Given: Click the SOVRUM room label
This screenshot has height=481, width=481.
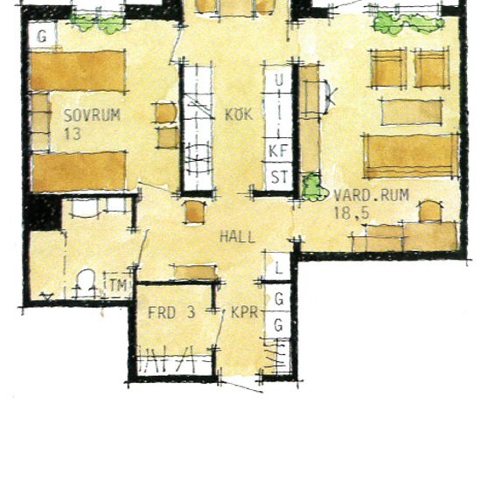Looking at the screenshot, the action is click(x=92, y=115).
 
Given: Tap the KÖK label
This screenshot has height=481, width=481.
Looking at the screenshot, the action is click(x=239, y=114).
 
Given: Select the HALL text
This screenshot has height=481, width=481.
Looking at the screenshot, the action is click(x=237, y=237).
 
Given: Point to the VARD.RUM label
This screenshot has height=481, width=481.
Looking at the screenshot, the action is click(x=371, y=195).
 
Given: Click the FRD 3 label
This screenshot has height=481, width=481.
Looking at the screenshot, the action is click(x=171, y=312).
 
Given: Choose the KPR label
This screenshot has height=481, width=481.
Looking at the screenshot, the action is click(x=245, y=312).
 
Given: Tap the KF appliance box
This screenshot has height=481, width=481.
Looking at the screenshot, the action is click(x=278, y=150).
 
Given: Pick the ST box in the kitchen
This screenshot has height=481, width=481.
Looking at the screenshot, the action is click(x=279, y=177).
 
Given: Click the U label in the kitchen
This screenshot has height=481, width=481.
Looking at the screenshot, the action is click(x=279, y=80).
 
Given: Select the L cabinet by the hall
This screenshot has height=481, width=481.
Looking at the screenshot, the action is click(x=278, y=267).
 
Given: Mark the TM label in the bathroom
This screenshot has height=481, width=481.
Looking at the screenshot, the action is click(x=118, y=285).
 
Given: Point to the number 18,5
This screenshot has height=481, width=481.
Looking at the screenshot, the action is click(x=352, y=213).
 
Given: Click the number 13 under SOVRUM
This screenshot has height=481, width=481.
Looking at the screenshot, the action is click(x=73, y=134).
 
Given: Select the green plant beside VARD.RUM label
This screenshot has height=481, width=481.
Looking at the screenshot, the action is click(x=313, y=187).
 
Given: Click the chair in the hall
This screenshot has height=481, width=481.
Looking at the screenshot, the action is click(x=195, y=212).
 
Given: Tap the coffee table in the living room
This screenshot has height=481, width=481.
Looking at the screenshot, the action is click(x=412, y=112).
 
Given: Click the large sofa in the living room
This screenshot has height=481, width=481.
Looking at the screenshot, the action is click(x=411, y=157).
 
